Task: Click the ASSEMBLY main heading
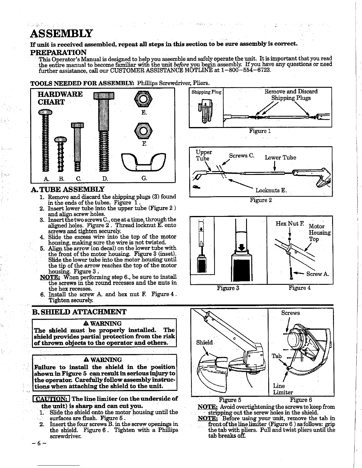point(62,33)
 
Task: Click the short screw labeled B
point(61,154)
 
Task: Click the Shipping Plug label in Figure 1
point(206,92)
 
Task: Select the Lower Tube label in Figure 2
point(280,157)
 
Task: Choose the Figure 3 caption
point(228,288)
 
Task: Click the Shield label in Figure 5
point(205,342)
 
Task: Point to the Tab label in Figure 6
point(277,356)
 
